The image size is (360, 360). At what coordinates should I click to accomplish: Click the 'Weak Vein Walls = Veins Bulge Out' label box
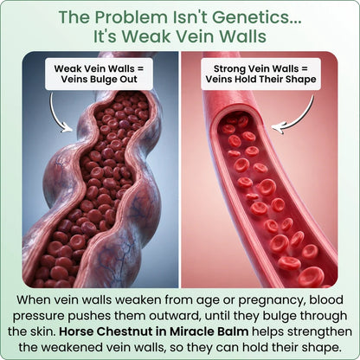click(99, 74)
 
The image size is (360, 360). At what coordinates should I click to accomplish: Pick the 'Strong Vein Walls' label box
click(260, 74)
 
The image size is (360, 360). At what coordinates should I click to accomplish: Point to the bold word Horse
click(76, 331)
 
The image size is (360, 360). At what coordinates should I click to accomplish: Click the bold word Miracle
click(193, 331)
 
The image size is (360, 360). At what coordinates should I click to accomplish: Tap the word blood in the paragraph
click(326, 299)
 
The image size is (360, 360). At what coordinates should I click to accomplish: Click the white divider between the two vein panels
click(180, 170)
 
